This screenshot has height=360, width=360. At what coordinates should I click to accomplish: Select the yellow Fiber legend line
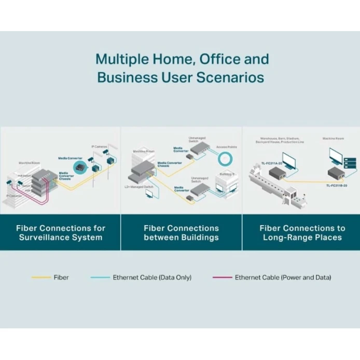[x=41, y=278]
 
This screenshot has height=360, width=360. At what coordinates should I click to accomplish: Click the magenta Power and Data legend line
[x=222, y=278]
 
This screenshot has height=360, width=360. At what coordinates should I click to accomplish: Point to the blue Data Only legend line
[x=100, y=278]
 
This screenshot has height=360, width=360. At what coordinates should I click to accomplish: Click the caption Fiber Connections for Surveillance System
[x=61, y=232]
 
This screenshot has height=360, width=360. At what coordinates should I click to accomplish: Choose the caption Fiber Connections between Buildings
[x=181, y=232]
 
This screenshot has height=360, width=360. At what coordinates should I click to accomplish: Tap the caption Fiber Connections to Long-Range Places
[x=302, y=232]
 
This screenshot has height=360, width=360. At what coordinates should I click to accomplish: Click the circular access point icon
[x=227, y=157]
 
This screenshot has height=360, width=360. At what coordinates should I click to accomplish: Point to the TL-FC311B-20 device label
[x=337, y=186]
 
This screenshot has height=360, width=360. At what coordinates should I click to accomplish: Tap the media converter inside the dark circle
[x=80, y=167]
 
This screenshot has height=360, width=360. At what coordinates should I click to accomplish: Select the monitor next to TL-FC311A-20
[x=289, y=162]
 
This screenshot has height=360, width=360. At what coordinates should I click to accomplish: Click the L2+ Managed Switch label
[x=134, y=185]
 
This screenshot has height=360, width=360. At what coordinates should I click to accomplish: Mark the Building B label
[x=227, y=174]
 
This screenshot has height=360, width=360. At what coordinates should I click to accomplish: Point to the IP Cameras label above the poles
[x=100, y=147]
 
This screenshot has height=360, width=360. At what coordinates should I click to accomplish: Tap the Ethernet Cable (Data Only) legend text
[x=152, y=278]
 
